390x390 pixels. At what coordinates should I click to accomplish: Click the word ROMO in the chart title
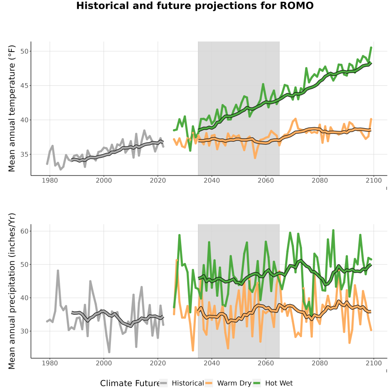click(x=296, y=6)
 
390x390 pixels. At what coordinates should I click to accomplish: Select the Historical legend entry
click(x=182, y=383)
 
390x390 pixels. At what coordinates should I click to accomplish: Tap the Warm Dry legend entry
click(x=228, y=383)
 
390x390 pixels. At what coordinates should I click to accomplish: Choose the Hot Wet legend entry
click(x=273, y=383)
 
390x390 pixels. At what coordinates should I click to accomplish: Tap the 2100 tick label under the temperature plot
click(x=374, y=180)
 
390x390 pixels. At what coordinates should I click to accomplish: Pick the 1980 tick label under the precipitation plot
click(x=50, y=363)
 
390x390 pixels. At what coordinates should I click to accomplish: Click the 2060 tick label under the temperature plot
click(x=266, y=180)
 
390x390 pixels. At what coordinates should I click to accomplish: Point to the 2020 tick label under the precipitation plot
click(x=158, y=363)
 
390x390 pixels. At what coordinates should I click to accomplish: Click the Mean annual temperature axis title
click(x=12, y=108)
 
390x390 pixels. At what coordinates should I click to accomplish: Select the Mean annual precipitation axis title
click(x=12, y=291)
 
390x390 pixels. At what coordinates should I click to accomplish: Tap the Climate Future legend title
click(x=130, y=383)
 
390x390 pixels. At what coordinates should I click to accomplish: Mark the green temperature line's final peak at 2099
click(x=371, y=47)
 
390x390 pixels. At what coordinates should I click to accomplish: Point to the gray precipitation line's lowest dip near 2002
click(x=109, y=352)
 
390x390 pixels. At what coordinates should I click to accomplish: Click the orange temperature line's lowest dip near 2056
click(x=255, y=158)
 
